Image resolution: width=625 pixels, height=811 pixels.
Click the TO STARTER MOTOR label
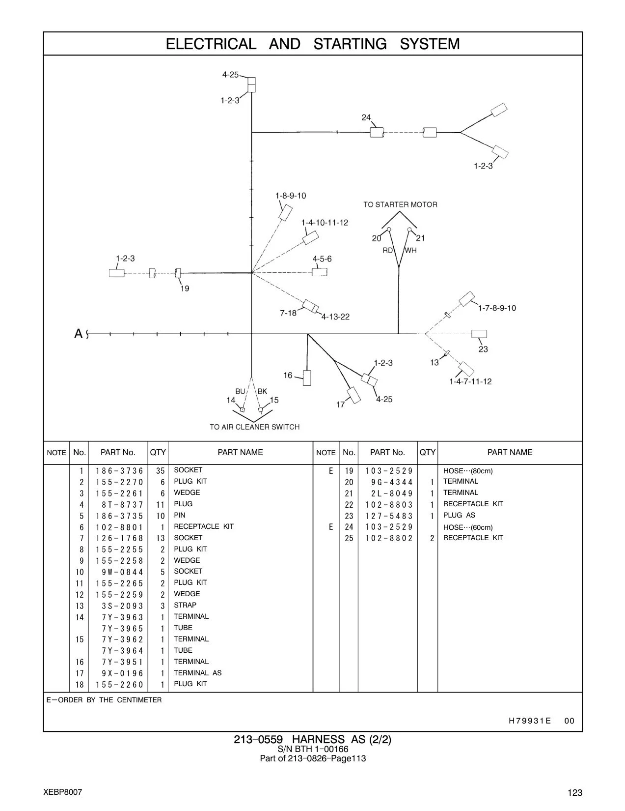pyautogui.click(x=400, y=204)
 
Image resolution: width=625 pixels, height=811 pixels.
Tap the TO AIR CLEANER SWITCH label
pyautogui.click(x=254, y=427)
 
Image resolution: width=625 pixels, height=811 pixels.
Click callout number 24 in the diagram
pyautogui.click(x=366, y=117)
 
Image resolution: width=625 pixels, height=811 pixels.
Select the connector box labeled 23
pyautogui.click(x=479, y=334)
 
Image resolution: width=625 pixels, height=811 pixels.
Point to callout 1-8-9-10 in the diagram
pyautogui.click(x=291, y=196)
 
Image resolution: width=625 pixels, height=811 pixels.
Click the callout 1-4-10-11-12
pyautogui.click(x=325, y=223)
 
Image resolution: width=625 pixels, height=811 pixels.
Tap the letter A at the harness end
pyautogui.click(x=78, y=334)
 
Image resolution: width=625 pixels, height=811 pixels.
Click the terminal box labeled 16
pyautogui.click(x=307, y=377)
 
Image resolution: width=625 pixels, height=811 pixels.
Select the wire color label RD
pyautogui.click(x=387, y=251)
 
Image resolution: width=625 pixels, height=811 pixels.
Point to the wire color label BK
pyautogui.click(x=262, y=391)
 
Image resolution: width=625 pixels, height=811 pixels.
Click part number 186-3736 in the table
pyautogui.click(x=119, y=471)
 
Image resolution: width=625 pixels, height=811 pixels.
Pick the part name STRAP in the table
pyautogui.click(x=185, y=605)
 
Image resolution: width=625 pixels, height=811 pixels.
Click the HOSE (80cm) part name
pyautogui.click(x=468, y=471)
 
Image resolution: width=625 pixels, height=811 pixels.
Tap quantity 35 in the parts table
pyautogui.click(x=160, y=471)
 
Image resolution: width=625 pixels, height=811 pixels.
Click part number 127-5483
pyautogui.click(x=389, y=516)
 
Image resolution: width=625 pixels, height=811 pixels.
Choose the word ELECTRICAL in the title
pyautogui.click(x=211, y=44)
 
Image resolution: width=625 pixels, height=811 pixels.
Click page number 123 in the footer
pyautogui.click(x=575, y=793)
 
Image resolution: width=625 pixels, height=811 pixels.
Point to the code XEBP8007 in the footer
pyautogui.click(x=63, y=792)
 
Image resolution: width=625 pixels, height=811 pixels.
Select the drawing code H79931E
pyautogui.click(x=530, y=721)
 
